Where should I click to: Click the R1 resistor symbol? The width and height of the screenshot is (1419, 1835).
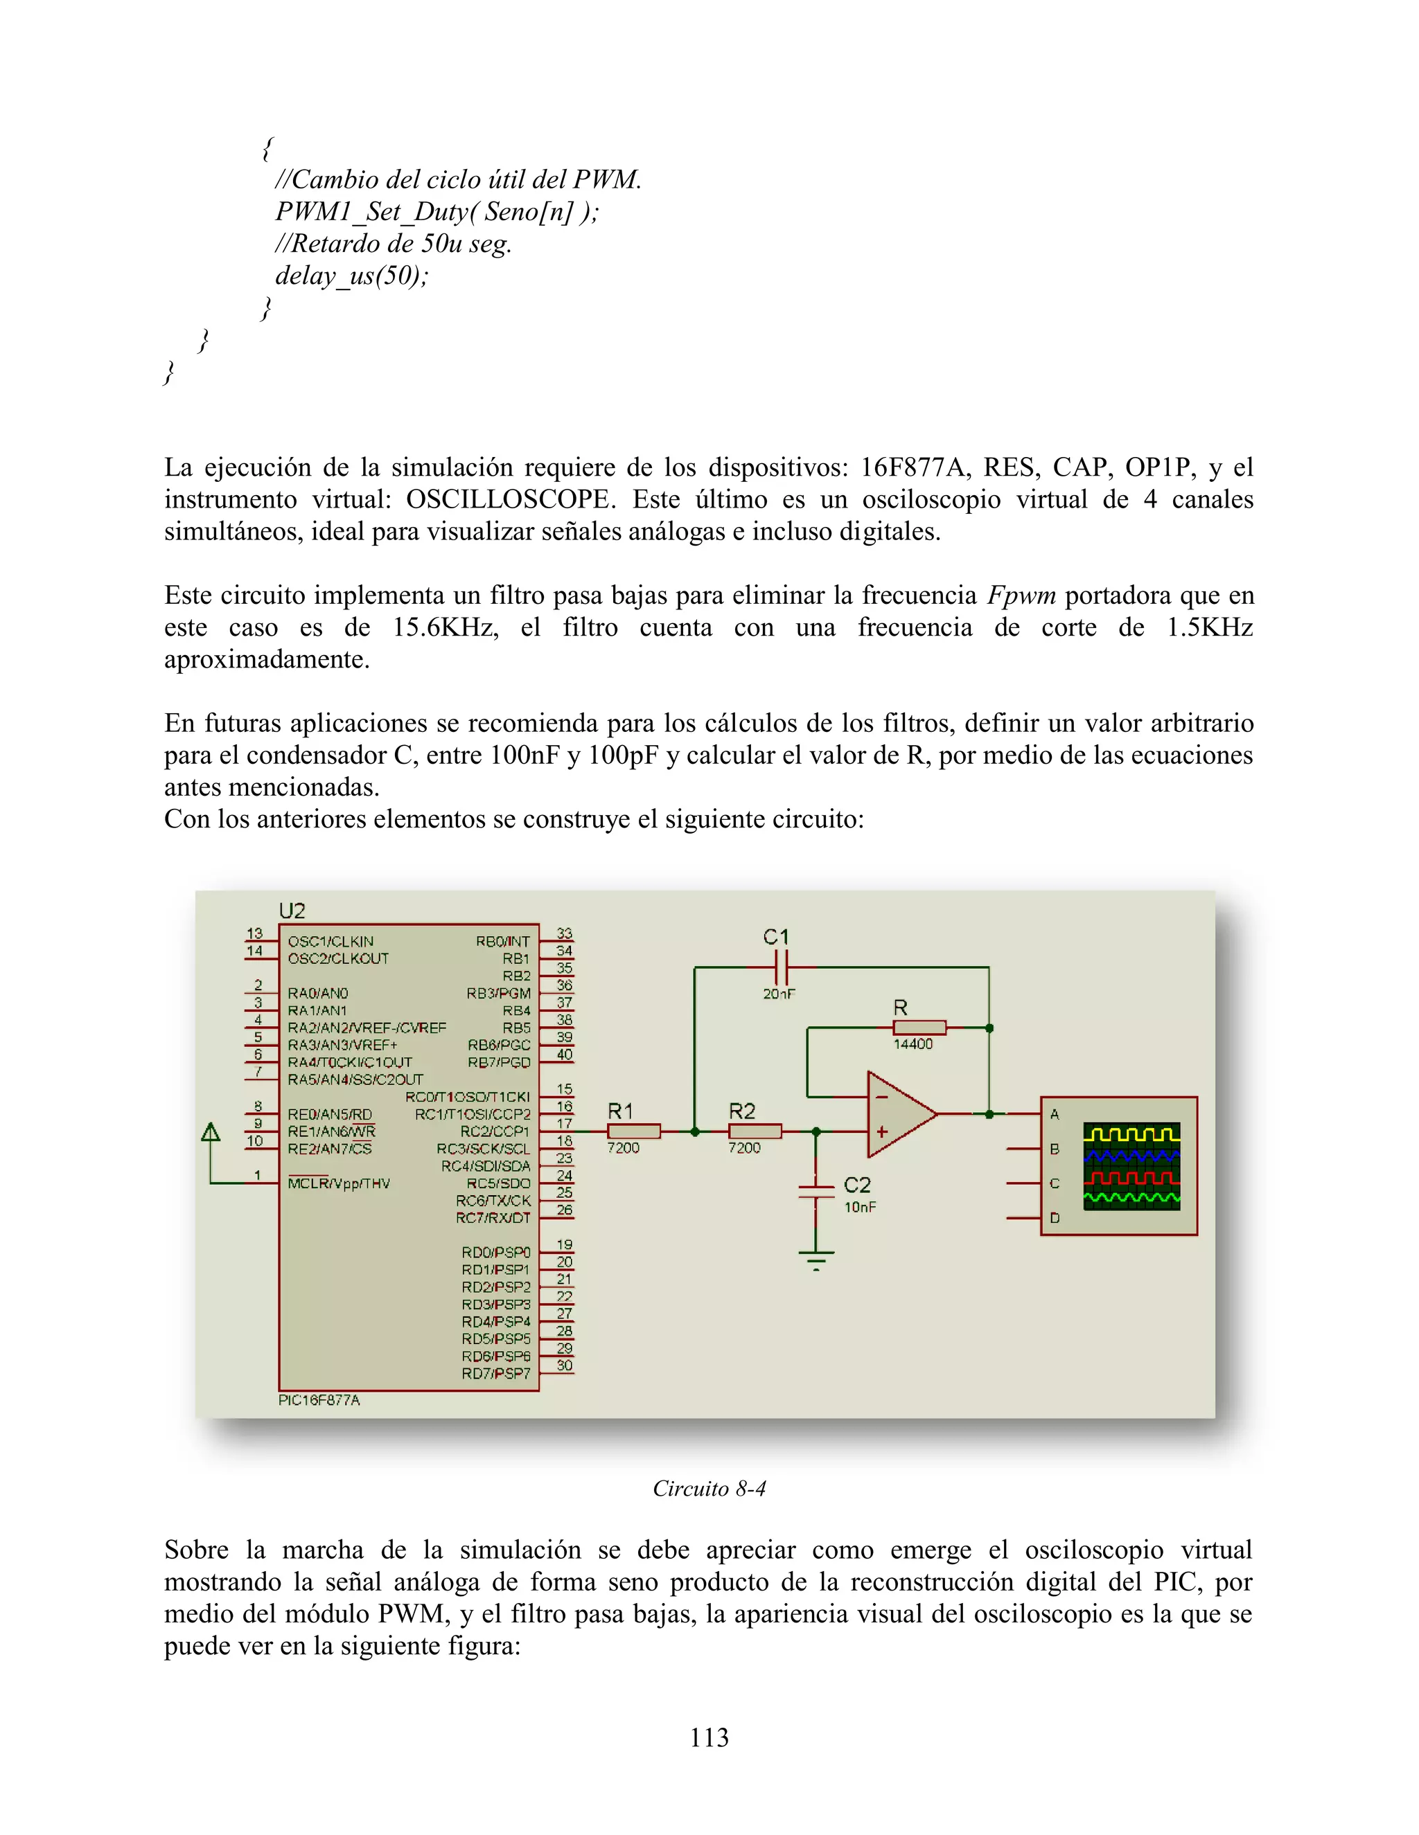(634, 1131)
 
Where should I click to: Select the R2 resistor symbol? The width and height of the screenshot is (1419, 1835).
(755, 1131)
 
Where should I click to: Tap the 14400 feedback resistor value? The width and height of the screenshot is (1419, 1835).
(913, 1044)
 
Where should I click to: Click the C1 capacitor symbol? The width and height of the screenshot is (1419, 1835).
(781, 968)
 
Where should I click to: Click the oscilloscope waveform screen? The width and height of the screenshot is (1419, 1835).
(1131, 1166)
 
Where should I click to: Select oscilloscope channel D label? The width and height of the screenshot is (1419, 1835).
(1054, 1217)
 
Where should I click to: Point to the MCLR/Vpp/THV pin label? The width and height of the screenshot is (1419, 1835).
(339, 1183)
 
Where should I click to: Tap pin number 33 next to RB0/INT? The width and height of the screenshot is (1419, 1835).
(564, 933)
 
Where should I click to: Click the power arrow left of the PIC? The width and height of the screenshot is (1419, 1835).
(211, 1134)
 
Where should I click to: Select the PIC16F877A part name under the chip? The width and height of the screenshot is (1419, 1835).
(319, 1399)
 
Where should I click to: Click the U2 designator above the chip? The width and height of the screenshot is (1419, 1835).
(292, 911)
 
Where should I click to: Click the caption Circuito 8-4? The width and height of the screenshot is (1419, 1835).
(709, 1489)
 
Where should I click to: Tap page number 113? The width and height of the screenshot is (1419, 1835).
(709, 1737)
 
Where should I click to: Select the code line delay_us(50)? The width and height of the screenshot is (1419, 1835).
(351, 276)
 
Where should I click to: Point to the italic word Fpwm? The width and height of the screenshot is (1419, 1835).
(1021, 595)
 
